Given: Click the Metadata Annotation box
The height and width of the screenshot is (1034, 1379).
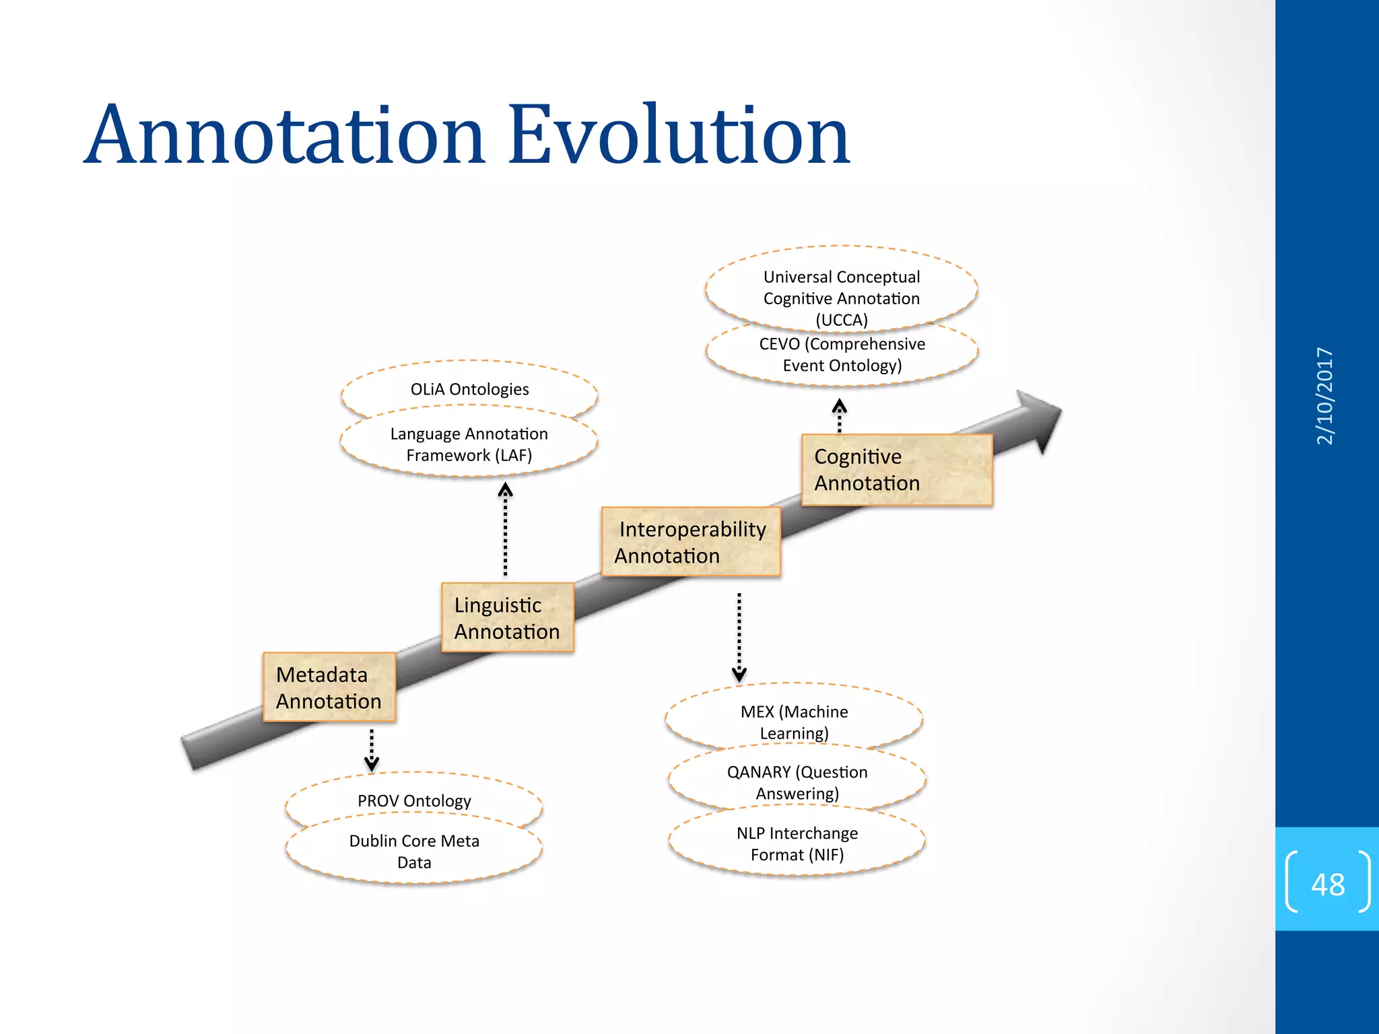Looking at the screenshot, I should [x=329, y=687].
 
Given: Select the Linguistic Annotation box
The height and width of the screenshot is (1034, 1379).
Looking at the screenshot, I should [x=507, y=617].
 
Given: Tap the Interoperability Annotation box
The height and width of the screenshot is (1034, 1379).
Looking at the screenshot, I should [x=691, y=542].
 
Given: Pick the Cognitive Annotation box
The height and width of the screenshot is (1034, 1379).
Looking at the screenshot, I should [x=896, y=470].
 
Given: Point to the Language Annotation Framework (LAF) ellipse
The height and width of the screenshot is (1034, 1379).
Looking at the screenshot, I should [x=469, y=444].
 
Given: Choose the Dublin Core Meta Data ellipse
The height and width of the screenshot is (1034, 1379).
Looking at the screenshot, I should [x=414, y=852].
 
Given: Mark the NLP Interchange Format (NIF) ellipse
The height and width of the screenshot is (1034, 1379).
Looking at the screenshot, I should [x=797, y=843].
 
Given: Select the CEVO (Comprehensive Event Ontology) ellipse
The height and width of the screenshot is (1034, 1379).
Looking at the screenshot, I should [x=842, y=355].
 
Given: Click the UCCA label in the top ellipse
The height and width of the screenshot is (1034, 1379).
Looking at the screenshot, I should [x=842, y=320].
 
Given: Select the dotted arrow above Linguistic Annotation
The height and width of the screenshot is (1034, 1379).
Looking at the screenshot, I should [x=505, y=529].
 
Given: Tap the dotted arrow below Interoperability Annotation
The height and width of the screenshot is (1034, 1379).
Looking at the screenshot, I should [x=739, y=637].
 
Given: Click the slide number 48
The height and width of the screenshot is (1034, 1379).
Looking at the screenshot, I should [x=1327, y=884].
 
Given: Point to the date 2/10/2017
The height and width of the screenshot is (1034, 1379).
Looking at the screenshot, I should [x=1324, y=396].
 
